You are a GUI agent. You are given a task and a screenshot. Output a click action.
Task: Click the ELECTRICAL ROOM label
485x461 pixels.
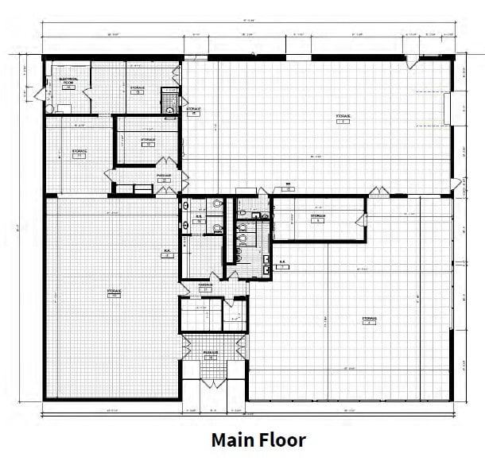pyautogui.click(x=68, y=81)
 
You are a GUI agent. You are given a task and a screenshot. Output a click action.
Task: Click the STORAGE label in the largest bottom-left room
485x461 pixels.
pyautogui.click(x=114, y=292)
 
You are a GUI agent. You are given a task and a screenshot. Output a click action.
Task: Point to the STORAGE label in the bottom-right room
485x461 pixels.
pyautogui.click(x=369, y=318)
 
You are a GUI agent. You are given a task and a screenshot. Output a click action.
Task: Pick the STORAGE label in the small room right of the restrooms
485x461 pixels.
pyautogui.click(x=318, y=215)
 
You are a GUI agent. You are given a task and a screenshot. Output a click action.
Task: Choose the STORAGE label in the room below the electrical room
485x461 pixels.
pyautogui.click(x=79, y=152)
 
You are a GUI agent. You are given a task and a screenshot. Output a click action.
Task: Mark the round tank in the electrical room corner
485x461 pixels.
pyautogui.click(x=49, y=107)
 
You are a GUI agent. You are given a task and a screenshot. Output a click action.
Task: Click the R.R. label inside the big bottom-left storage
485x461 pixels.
pyautogui.click(x=168, y=251)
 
